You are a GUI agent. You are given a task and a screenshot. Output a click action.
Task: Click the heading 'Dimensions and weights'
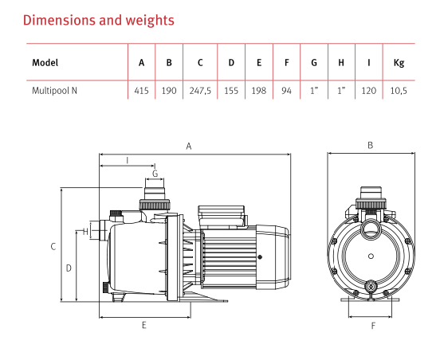[x=100, y=18]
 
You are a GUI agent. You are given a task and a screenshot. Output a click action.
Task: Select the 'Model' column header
[x=45, y=63]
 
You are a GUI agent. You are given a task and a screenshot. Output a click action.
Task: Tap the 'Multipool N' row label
[x=55, y=91]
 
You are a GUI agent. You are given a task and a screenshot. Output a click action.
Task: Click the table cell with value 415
[x=141, y=91]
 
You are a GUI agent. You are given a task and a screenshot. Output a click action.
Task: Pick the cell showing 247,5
[x=199, y=91]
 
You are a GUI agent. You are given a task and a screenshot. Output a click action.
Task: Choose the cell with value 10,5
[x=399, y=91]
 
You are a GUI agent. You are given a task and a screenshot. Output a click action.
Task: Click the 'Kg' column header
[x=399, y=63]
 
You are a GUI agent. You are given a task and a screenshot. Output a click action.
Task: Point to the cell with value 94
[x=286, y=91]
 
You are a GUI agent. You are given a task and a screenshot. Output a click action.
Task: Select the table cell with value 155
[x=231, y=91]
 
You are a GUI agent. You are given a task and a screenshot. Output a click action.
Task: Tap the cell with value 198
[x=259, y=91]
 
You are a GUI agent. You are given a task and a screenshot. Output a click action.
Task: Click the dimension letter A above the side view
[x=189, y=146]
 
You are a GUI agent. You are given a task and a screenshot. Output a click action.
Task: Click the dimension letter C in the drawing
[x=53, y=247]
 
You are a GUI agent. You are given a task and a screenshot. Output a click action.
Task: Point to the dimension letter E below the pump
[x=143, y=325]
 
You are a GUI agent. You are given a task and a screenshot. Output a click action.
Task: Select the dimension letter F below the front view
[x=372, y=325]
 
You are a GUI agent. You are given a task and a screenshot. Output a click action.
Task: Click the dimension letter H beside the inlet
[x=84, y=232]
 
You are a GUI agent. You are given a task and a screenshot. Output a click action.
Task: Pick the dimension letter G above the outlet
[x=155, y=173]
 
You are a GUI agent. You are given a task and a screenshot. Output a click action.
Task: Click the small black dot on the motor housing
[x=261, y=256]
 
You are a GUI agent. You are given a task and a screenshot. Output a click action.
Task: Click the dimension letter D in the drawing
[x=69, y=268]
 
